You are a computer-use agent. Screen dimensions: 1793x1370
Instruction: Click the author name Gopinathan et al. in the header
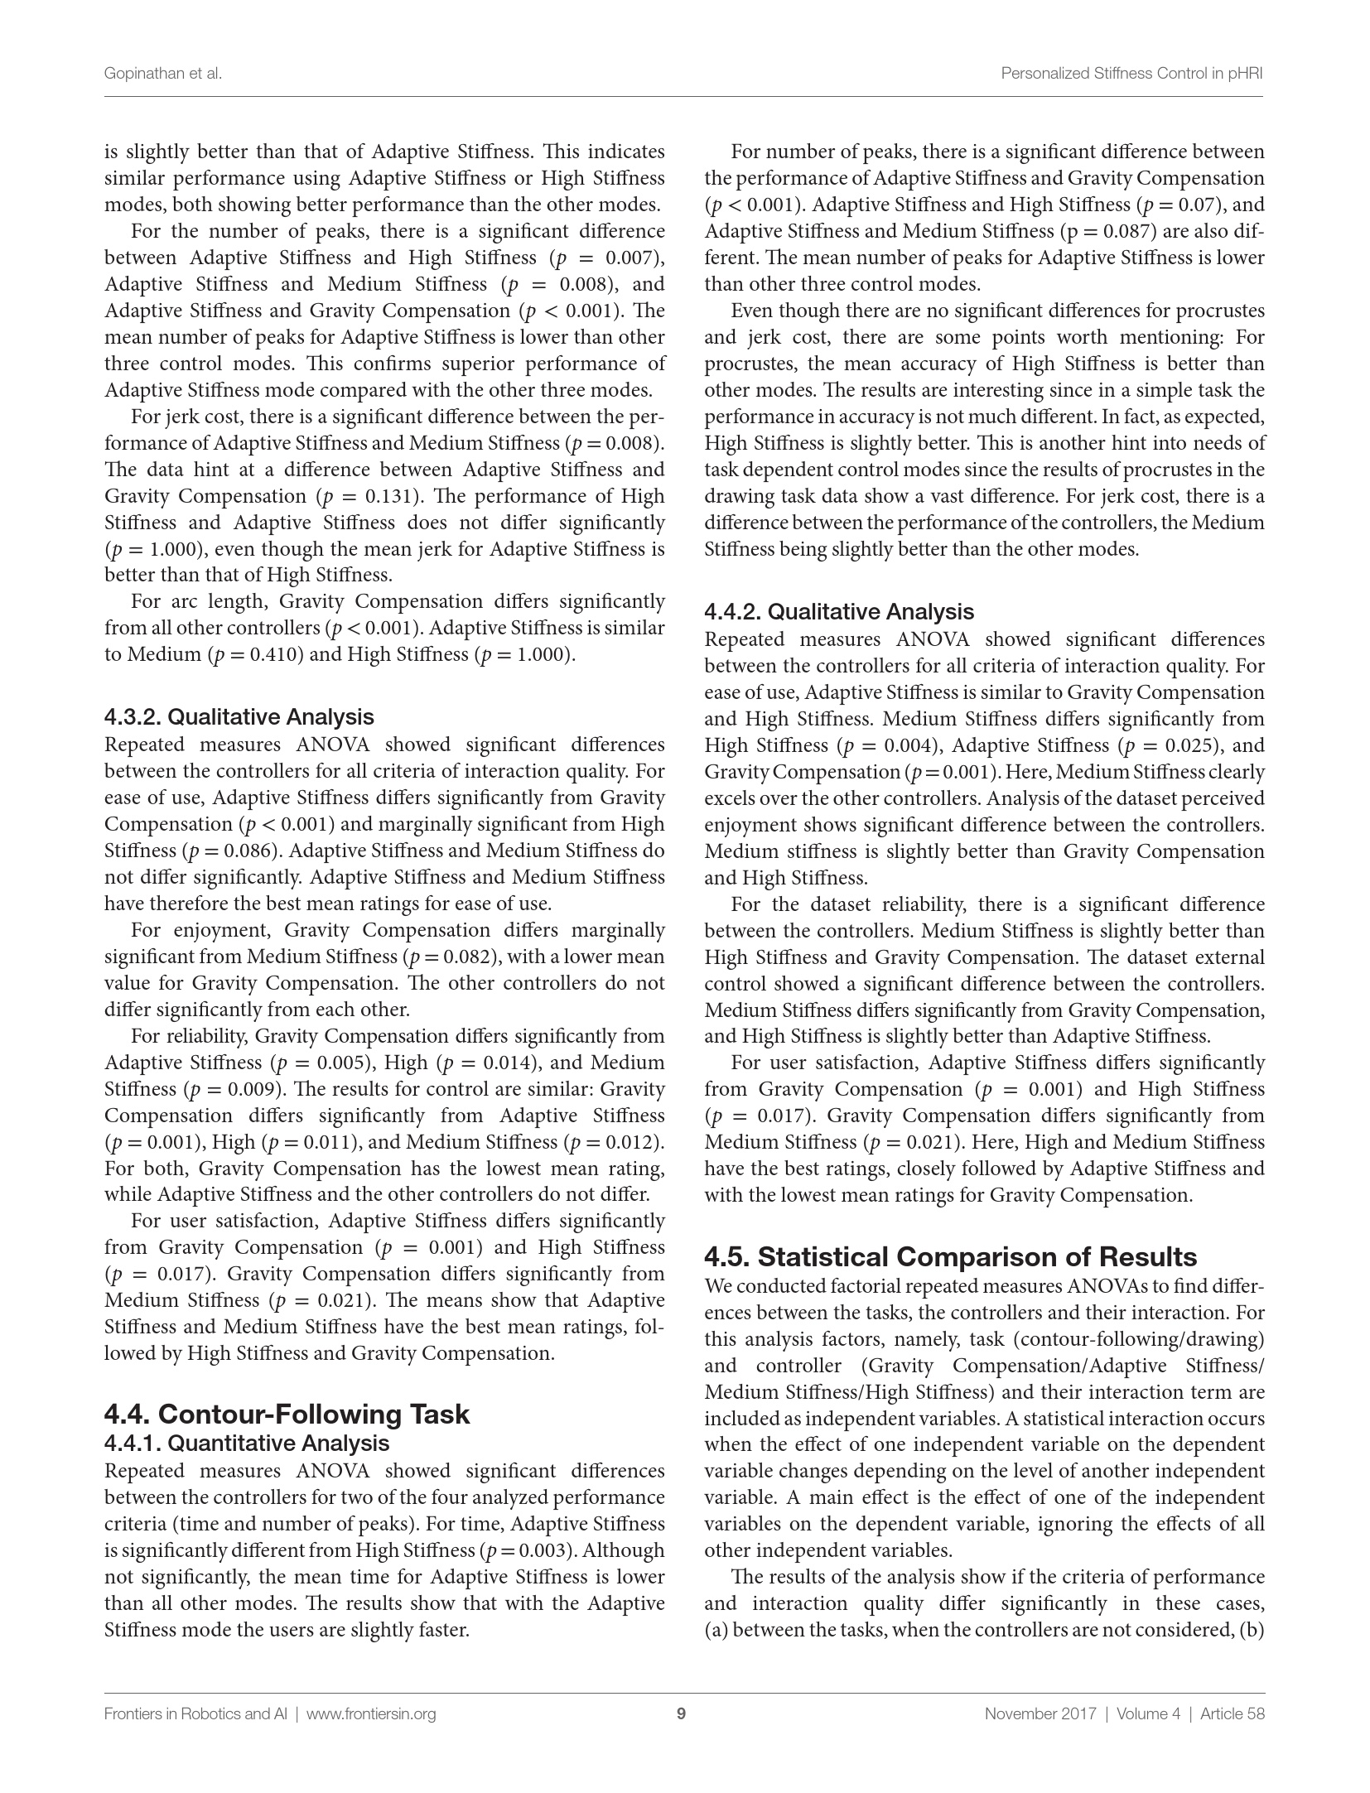coord(163,74)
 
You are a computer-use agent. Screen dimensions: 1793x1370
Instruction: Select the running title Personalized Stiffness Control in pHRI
coord(1131,74)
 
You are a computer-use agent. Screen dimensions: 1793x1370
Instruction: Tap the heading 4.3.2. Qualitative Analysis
coord(239,716)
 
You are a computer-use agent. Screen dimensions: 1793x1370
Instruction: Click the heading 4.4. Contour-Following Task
coord(287,1414)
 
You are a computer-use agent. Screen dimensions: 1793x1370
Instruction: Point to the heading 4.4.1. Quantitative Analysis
coord(247,1444)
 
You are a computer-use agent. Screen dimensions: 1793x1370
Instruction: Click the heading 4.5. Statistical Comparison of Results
coord(950,1256)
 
